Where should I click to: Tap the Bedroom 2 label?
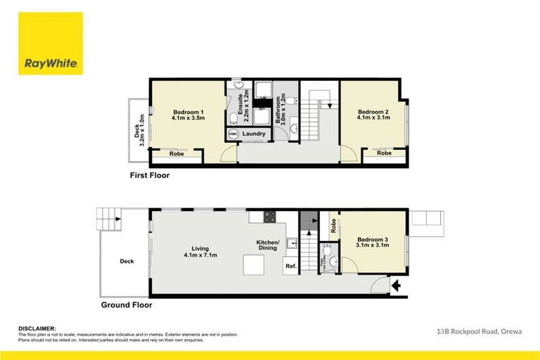[x=373, y=115]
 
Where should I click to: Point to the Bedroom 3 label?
[x=373, y=243]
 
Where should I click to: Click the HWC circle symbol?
[x=233, y=134]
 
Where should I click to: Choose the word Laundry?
[x=254, y=134]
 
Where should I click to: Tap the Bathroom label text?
[x=279, y=110]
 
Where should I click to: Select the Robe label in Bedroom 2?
[x=384, y=153]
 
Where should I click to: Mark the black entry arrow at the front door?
[x=397, y=285]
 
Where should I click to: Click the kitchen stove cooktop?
[x=268, y=215]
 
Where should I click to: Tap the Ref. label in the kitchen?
[x=290, y=266]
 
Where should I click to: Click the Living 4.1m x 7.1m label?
[x=201, y=252]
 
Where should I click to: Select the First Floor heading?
[x=149, y=175]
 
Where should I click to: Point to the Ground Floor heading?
[x=126, y=305]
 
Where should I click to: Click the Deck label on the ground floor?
[x=127, y=262]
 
